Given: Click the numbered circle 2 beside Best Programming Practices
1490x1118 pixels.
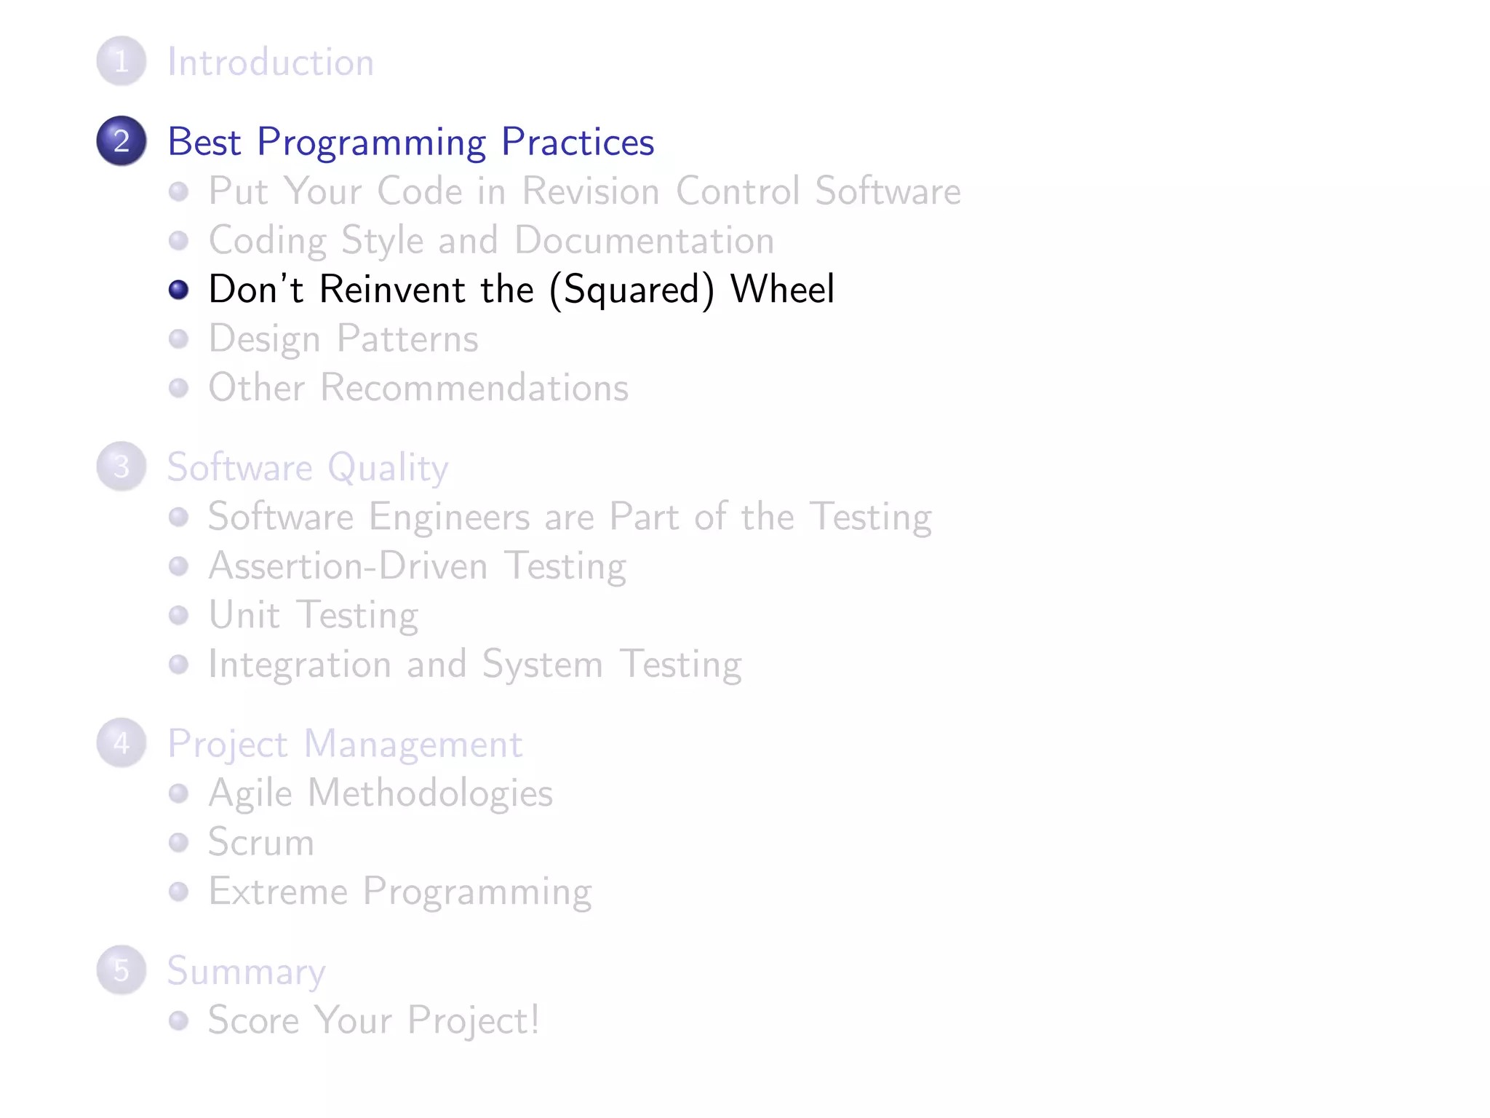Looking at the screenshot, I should point(121,140).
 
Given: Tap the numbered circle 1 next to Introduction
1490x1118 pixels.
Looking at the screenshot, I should point(121,61).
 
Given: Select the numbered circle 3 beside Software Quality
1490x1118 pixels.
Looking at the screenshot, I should point(121,467).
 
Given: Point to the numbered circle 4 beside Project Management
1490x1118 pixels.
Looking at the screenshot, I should point(121,743).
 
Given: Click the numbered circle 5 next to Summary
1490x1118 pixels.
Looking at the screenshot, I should point(121,970).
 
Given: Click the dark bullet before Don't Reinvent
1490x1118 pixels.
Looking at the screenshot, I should point(178,290).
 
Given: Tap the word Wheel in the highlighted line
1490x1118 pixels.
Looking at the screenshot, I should point(782,289).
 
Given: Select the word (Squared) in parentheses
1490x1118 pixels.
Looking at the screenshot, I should point(632,290).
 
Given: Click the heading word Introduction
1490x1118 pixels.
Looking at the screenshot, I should point(271,62).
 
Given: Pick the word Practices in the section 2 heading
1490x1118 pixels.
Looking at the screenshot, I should point(578,141).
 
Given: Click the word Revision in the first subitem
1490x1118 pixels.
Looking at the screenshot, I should point(591,191).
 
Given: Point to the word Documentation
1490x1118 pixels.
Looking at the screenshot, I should point(644,240).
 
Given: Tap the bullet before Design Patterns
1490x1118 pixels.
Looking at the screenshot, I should point(178,339).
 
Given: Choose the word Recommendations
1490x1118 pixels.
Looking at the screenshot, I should point(474,387).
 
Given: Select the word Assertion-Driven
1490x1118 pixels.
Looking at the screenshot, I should point(348,566).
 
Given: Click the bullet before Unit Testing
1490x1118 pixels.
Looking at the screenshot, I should point(178,616).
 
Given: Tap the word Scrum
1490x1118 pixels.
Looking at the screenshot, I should point(261,842).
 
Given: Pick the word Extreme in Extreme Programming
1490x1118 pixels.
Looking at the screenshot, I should point(278,892).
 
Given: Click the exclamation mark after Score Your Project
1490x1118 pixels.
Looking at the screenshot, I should point(535,1019).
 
